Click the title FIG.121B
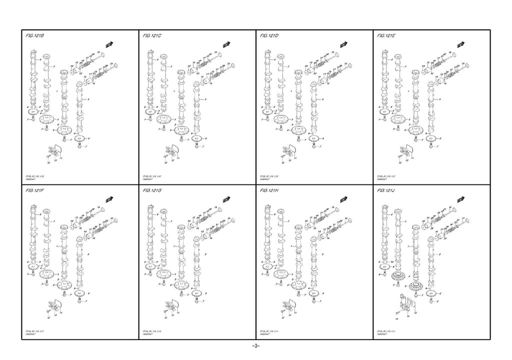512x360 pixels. [35, 36]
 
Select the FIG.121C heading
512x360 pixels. [152, 36]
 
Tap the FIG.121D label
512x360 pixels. [270, 36]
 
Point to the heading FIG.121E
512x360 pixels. [387, 36]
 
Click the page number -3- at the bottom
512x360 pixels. [255, 346]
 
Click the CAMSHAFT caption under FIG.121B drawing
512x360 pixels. [31, 179]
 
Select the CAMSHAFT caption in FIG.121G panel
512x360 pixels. [148, 333]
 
